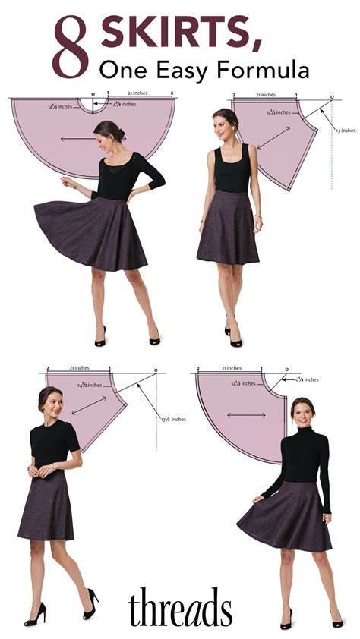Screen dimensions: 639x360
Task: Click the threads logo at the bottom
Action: [x=180, y=607]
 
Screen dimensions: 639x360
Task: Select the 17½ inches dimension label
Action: [x=173, y=419]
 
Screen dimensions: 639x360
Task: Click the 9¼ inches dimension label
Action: [x=306, y=379]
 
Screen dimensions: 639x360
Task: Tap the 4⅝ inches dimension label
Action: [x=125, y=105]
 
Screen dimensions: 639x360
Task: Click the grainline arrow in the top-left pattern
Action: [x=78, y=138]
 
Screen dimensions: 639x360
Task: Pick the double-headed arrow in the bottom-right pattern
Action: [x=241, y=416]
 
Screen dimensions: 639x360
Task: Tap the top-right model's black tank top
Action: [x=231, y=170]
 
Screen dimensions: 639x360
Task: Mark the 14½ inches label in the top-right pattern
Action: [x=278, y=112]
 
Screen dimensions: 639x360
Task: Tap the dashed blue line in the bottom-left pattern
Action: [x=157, y=410]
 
